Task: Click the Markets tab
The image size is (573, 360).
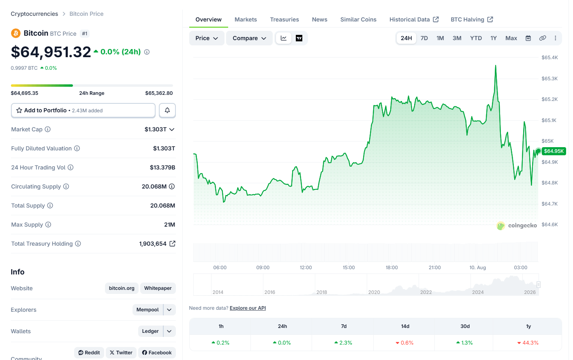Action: pyautogui.click(x=246, y=19)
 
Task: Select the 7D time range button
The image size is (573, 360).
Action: pyautogui.click(x=424, y=38)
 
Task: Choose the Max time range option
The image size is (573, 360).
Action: pyautogui.click(x=511, y=38)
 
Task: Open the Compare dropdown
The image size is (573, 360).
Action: pyautogui.click(x=249, y=38)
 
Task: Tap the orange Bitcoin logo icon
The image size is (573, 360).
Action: pyautogui.click(x=16, y=33)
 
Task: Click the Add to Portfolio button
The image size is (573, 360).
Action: pyautogui.click(x=83, y=110)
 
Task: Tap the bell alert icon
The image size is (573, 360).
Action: pyautogui.click(x=167, y=110)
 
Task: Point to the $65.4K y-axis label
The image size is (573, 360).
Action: pyautogui.click(x=549, y=58)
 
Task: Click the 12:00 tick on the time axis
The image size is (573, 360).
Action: pyautogui.click(x=306, y=268)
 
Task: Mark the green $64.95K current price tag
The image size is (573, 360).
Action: pyautogui.click(x=554, y=151)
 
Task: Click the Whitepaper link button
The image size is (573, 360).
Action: pyautogui.click(x=158, y=288)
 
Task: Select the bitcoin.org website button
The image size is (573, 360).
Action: pyautogui.click(x=122, y=288)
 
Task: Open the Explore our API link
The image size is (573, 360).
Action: pyautogui.click(x=248, y=308)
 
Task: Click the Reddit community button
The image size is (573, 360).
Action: pyautogui.click(x=89, y=353)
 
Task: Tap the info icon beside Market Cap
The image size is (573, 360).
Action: pyautogui.click(x=47, y=129)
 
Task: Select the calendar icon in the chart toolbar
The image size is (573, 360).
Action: pyautogui.click(x=528, y=38)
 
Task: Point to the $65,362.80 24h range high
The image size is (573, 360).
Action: pyautogui.click(x=159, y=93)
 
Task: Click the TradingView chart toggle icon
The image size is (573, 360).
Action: pyautogui.click(x=299, y=38)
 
